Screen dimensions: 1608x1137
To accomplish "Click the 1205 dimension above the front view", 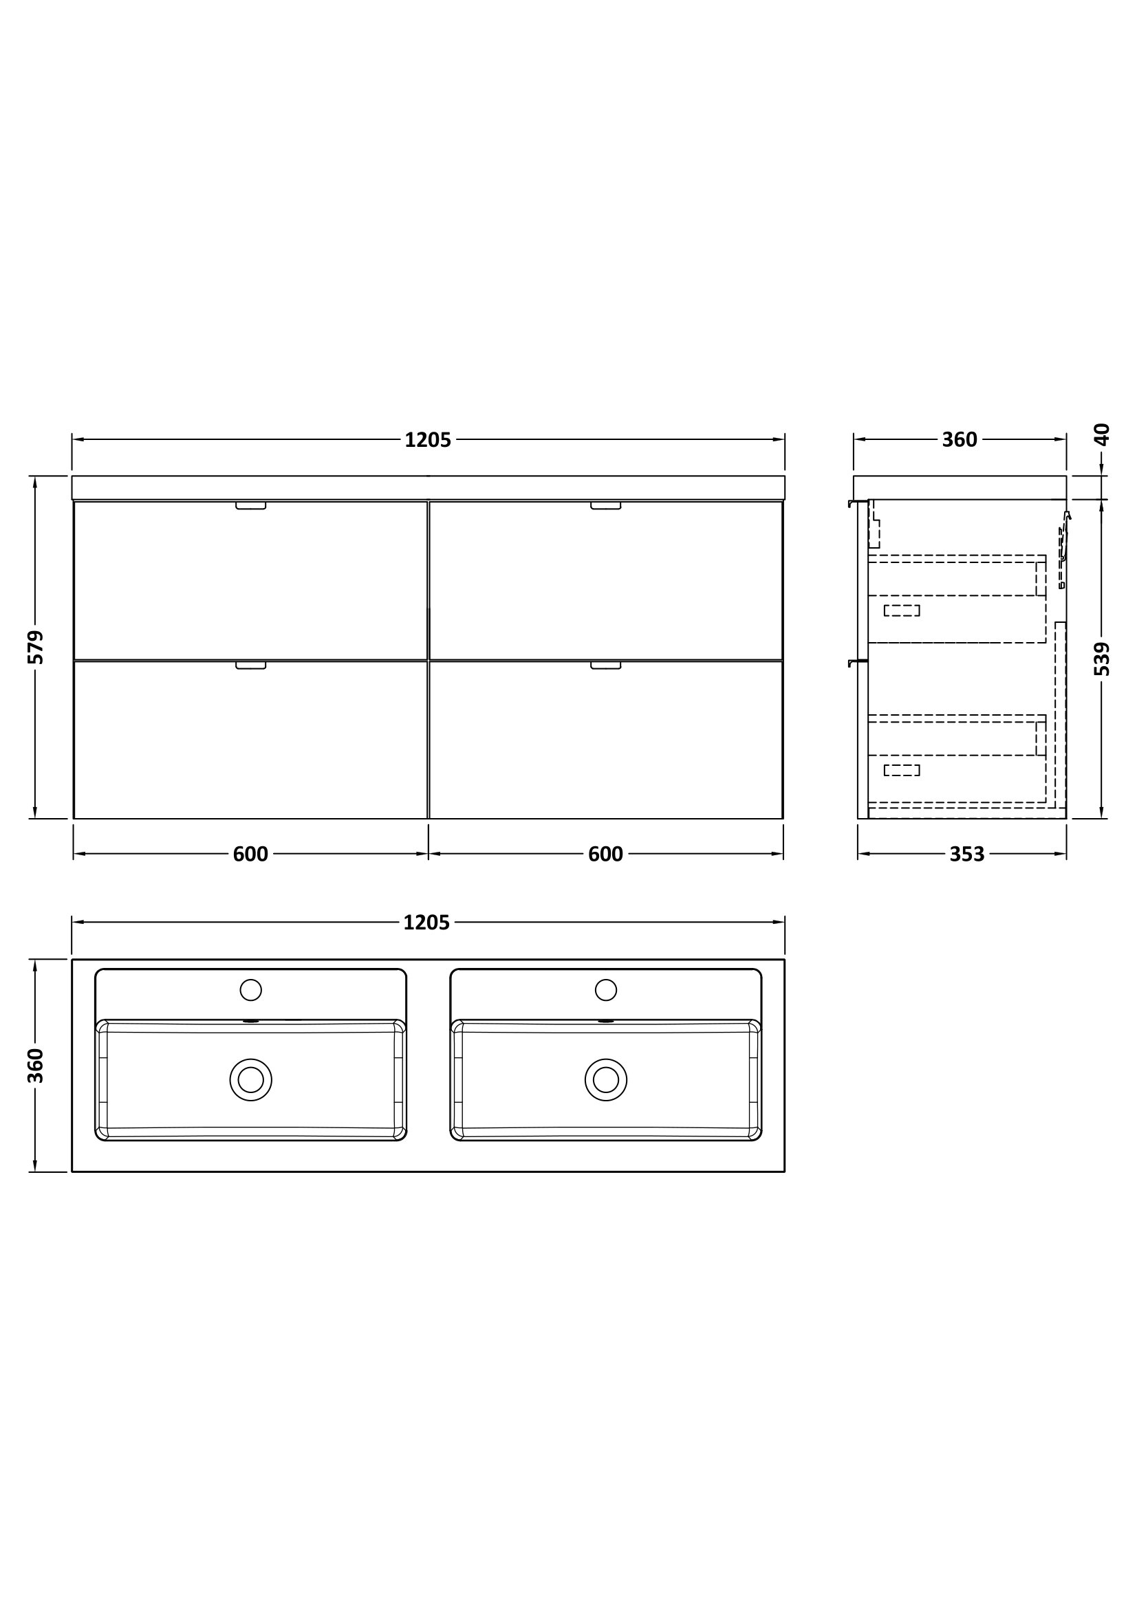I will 427,440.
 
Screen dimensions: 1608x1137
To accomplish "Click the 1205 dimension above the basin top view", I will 426,923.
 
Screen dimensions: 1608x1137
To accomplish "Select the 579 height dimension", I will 36,647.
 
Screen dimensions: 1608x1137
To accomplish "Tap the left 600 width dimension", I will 250,854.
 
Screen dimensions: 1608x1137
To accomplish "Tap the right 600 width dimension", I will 605,854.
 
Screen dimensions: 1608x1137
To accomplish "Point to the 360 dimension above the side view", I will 959,440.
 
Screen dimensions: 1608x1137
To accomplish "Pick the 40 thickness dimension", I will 1101,435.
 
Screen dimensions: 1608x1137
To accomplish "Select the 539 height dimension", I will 1101,659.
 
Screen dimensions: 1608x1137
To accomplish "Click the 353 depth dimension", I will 967,854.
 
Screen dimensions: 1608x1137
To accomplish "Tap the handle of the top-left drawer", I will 250,506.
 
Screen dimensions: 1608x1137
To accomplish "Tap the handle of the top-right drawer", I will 605,506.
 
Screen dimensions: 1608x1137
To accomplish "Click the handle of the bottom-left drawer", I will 250,665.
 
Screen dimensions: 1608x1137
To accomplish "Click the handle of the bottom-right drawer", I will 605,665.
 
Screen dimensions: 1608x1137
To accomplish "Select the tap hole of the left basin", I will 250,989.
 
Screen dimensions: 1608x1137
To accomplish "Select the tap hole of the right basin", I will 605,989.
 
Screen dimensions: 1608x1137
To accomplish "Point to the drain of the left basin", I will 250,1079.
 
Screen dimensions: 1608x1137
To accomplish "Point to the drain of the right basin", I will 605,1079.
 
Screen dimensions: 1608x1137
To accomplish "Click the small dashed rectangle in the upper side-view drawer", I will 901,610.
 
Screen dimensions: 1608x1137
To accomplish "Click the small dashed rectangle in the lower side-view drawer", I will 901,771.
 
